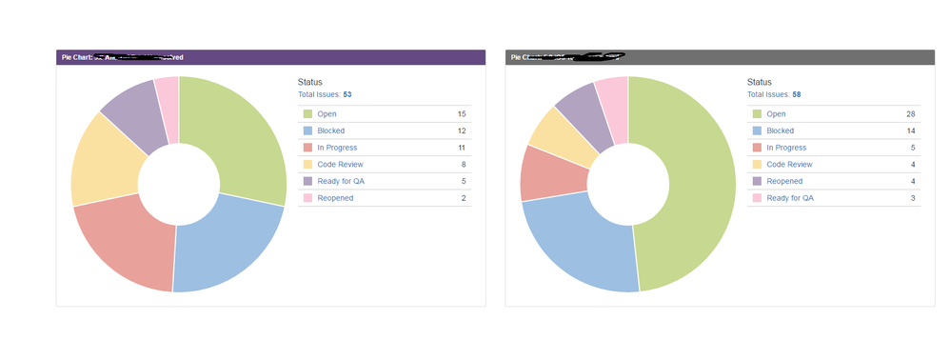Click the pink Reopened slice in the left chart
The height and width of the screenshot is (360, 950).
tap(167, 95)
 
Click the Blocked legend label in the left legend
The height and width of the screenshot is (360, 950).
tap(330, 130)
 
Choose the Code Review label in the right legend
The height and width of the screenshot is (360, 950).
tap(789, 165)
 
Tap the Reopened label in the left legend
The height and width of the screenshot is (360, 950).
tap(335, 198)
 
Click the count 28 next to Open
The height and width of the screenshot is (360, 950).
tap(911, 113)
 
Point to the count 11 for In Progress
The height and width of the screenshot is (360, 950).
tap(462, 148)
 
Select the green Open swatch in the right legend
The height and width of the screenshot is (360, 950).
tap(757, 114)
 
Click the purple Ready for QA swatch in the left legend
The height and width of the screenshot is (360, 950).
tap(307, 181)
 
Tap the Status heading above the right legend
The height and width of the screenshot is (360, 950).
tap(760, 83)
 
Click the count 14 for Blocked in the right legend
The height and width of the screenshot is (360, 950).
tap(911, 130)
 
